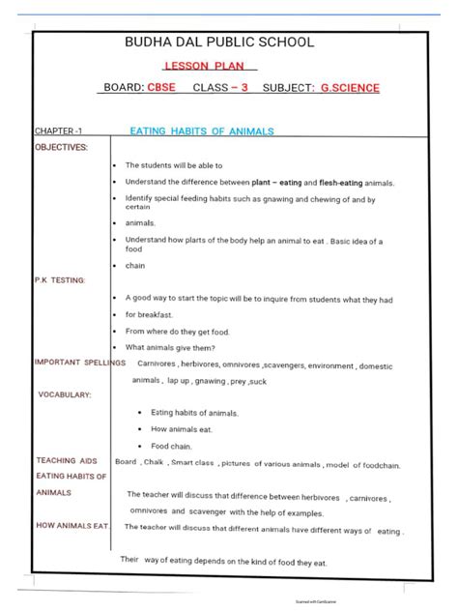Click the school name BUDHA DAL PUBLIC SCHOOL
coord(226,43)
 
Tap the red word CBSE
coord(161,88)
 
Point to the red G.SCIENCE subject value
coord(349,88)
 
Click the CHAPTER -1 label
coord(60,130)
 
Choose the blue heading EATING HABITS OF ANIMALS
coord(202,130)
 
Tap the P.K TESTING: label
coord(60,279)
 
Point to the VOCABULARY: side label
coord(65,394)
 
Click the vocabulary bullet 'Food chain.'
coord(174,446)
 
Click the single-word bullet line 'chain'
coord(134,264)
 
